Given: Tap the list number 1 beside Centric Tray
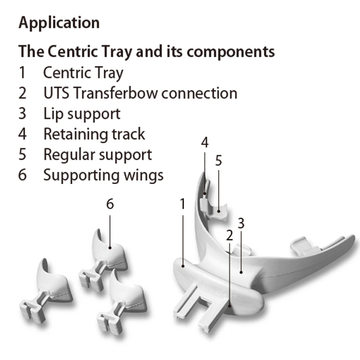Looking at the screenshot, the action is (x=22, y=73).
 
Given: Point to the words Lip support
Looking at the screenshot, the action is (x=82, y=114).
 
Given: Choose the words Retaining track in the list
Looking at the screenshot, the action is (x=94, y=134).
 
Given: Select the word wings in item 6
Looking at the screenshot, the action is (x=143, y=176).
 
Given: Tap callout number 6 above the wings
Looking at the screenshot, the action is (x=110, y=204).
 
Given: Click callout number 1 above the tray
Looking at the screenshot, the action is (x=183, y=204).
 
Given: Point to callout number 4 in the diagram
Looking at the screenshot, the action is (x=205, y=142).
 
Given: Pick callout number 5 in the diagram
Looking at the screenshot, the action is (x=219, y=161).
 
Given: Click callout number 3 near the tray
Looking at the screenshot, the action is (x=241, y=223).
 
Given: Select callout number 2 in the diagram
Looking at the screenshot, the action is (x=230, y=235).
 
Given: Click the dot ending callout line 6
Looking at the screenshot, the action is (x=110, y=248).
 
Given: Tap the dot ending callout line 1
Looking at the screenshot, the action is (x=183, y=266).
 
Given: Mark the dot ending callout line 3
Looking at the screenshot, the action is (x=241, y=272).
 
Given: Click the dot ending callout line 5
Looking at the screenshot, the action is (x=219, y=211).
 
